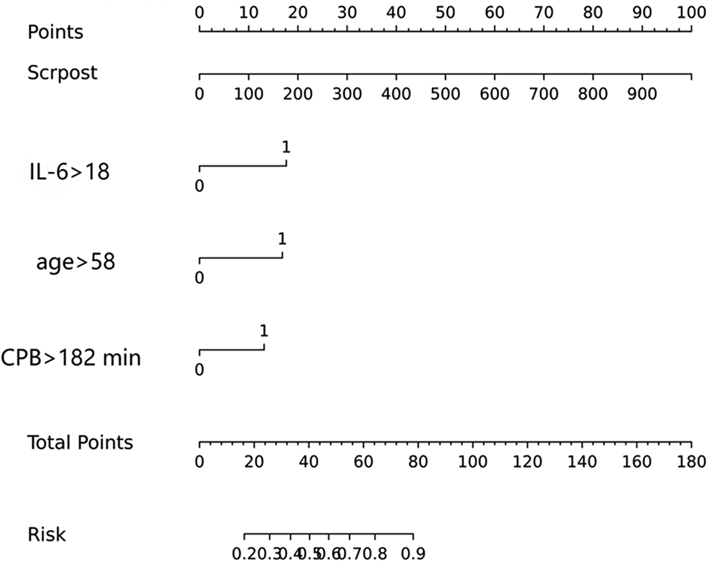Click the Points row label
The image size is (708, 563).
click(55, 33)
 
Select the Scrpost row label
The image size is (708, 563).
click(62, 73)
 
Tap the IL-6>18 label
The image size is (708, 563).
click(69, 172)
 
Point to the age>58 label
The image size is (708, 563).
click(75, 262)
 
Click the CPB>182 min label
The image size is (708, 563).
click(71, 358)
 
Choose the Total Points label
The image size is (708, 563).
click(80, 443)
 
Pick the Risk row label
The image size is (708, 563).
click(46, 535)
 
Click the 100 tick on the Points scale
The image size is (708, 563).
click(691, 13)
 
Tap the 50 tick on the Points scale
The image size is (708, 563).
click(445, 13)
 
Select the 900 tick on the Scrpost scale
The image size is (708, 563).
click(642, 94)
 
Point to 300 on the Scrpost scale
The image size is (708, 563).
click(347, 94)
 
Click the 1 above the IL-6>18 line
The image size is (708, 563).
click(286, 147)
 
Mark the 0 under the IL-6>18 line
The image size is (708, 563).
click(199, 186)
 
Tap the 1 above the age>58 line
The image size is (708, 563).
click(282, 239)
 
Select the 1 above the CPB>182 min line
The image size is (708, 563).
click(264, 331)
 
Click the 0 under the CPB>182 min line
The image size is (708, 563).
click(199, 370)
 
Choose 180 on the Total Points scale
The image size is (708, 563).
click(691, 462)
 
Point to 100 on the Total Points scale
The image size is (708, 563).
click(472, 462)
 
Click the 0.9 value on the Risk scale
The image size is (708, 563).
click(413, 554)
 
